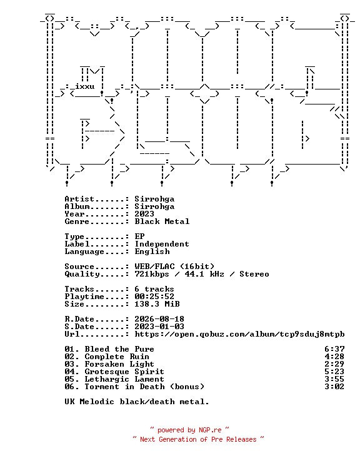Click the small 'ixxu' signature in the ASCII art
(85, 86)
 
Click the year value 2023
(144, 214)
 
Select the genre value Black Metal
(162, 221)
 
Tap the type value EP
(139, 237)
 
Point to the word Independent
(162, 244)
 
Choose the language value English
(152, 252)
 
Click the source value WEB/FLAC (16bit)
(174, 267)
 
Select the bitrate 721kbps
(152, 274)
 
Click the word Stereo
(254, 274)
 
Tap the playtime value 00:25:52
(154, 297)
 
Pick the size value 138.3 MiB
(157, 304)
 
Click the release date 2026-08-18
(159, 319)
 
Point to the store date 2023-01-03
(159, 327)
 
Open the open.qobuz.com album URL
(239, 334)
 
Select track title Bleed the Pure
(119, 349)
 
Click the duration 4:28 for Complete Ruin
(334, 357)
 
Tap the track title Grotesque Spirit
(124, 372)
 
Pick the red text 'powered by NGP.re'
(189, 430)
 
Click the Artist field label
(79, 199)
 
